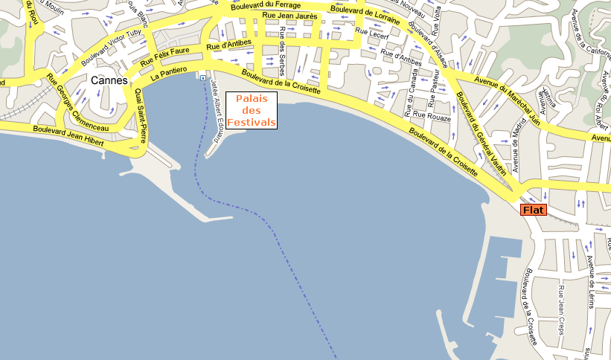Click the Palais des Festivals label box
point(252,110)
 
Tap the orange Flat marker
point(534,210)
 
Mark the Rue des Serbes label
point(282,56)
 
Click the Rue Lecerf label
point(371,32)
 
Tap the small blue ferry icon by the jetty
point(202,76)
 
